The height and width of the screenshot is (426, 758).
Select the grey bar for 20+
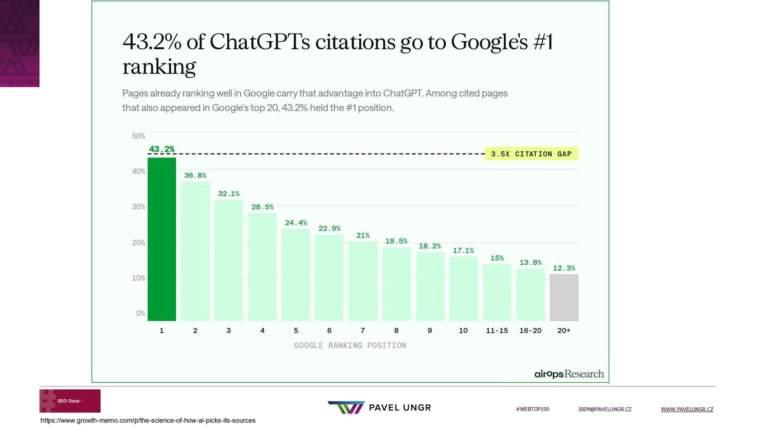[x=564, y=297]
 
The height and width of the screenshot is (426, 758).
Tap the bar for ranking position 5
[x=296, y=275]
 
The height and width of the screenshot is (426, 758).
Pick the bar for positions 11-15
[x=497, y=292]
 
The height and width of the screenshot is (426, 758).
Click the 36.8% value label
[x=195, y=176]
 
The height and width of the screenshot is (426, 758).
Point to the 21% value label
[x=363, y=235]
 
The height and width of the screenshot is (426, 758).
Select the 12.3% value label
[x=564, y=268]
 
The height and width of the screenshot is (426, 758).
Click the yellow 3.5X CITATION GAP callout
[x=531, y=154]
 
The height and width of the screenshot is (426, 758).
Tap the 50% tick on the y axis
[x=139, y=136]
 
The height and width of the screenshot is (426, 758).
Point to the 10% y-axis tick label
[x=139, y=278]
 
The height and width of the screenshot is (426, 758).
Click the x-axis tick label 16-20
[x=530, y=331]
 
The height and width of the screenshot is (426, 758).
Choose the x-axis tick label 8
[x=396, y=331]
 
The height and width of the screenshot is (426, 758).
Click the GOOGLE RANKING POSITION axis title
[x=350, y=346]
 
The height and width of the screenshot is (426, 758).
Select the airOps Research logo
[x=569, y=374]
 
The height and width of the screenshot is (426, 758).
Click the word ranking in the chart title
[x=159, y=66]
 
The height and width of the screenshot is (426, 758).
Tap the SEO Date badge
[x=70, y=401]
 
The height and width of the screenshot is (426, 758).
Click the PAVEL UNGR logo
[x=379, y=407]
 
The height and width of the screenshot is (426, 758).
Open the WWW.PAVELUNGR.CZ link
[x=687, y=409]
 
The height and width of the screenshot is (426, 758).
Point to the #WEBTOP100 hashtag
[x=533, y=409]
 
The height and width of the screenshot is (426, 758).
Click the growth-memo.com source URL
[x=148, y=420]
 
